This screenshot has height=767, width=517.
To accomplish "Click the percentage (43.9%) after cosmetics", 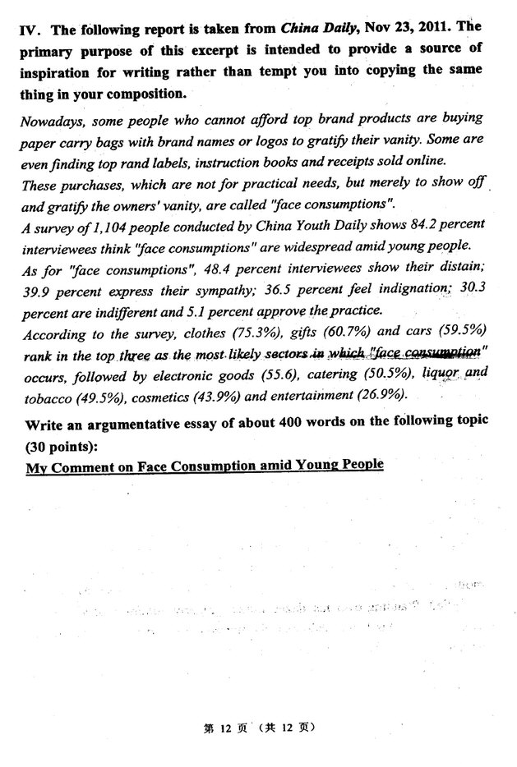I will click(212, 396).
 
